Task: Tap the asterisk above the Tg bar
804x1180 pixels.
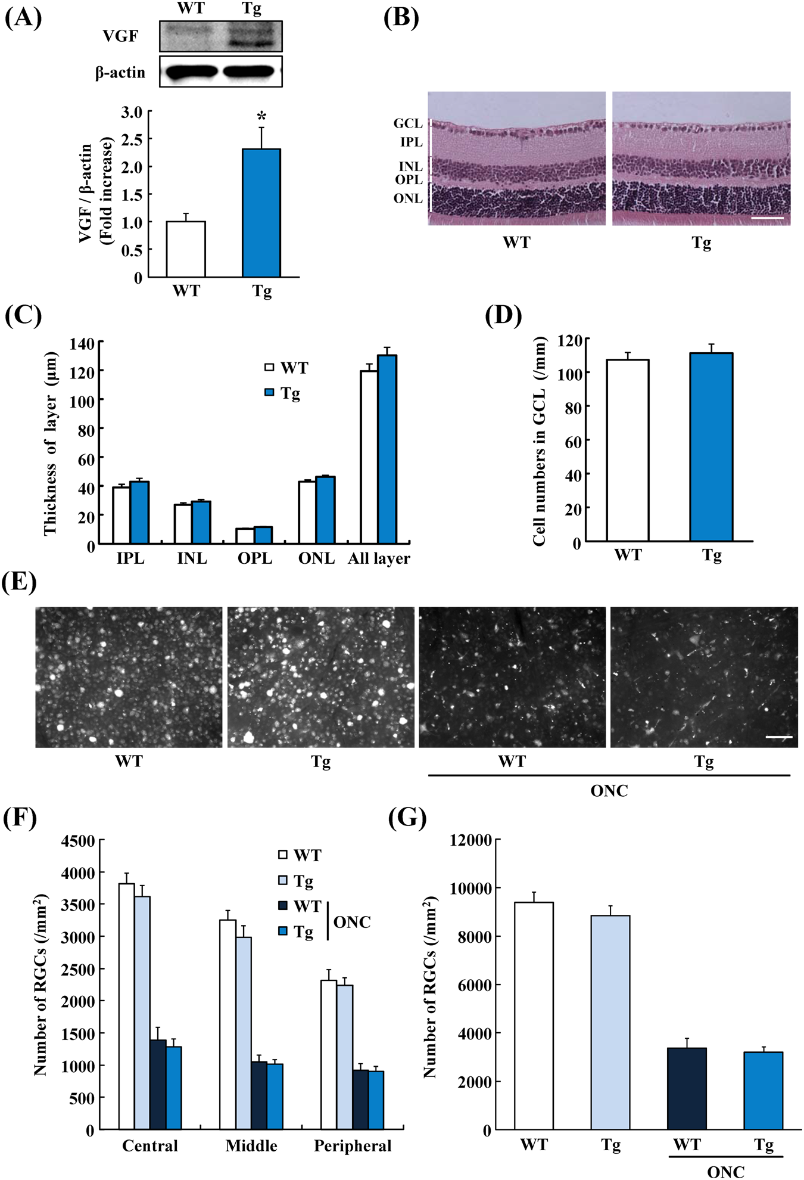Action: point(261,116)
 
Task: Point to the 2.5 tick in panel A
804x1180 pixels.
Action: point(132,139)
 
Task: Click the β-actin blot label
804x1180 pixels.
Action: point(120,73)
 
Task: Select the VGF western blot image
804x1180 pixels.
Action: point(221,36)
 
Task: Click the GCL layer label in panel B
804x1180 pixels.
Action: point(408,123)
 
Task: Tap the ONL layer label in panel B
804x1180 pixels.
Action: point(408,198)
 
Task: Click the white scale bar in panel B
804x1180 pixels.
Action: point(768,218)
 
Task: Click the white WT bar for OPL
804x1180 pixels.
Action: point(245,535)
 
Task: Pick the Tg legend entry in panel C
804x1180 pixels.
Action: point(283,393)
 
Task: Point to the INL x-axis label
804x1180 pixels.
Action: point(192,558)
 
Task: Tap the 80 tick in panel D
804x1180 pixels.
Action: point(574,408)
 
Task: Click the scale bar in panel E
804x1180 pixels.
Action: point(778,737)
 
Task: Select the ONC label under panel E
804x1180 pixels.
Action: point(609,790)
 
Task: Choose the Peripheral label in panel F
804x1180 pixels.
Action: point(353,1145)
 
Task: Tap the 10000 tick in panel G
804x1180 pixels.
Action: point(470,888)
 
